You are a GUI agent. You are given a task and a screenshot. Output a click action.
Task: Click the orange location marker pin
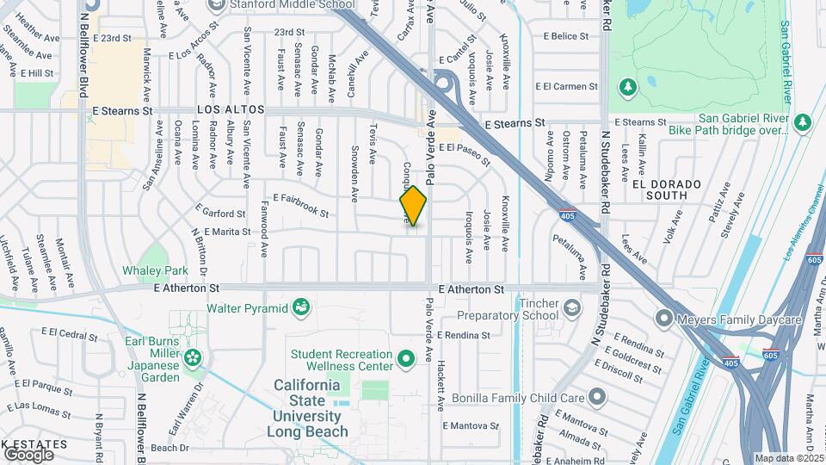[x=413, y=207]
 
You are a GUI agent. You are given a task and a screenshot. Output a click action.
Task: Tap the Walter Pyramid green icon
[x=300, y=307]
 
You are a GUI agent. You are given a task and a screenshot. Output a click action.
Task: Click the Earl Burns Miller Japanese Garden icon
[x=194, y=356]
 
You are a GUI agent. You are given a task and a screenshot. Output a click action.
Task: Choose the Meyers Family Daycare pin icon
[x=663, y=319]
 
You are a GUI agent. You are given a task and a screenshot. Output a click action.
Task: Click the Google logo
[x=28, y=454]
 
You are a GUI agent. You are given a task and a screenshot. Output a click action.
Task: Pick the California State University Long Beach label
[x=311, y=408]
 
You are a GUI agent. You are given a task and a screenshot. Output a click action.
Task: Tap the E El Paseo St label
[x=464, y=152]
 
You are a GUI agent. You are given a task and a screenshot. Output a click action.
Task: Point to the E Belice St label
[x=566, y=36]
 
